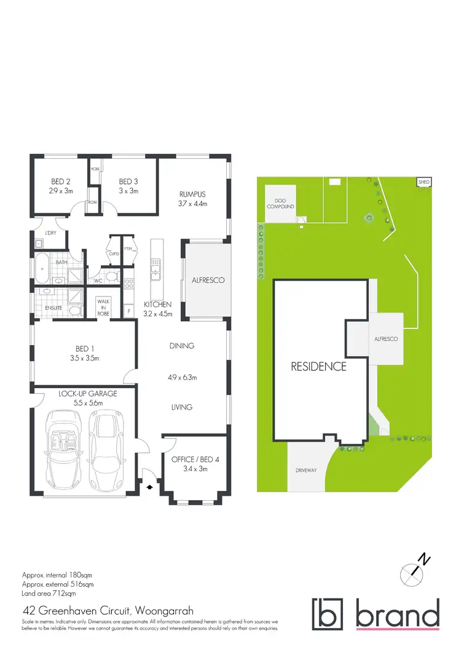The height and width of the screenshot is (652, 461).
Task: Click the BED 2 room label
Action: pyautogui.click(x=60, y=181)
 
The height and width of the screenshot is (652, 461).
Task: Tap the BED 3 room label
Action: pyautogui.click(x=128, y=181)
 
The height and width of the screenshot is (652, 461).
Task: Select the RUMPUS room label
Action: pyautogui.click(x=192, y=193)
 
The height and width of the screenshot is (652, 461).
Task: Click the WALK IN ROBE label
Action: pyautogui.click(x=103, y=307)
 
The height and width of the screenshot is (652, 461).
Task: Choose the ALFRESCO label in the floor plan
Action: pyautogui.click(x=208, y=280)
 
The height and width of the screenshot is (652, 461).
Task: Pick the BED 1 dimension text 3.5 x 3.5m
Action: pyautogui.click(x=85, y=358)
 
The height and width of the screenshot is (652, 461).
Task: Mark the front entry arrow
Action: pyautogui.click(x=149, y=487)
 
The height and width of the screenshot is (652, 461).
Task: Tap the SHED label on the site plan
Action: pyautogui.click(x=424, y=183)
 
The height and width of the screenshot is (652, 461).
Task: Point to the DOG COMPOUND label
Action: pyautogui.click(x=280, y=204)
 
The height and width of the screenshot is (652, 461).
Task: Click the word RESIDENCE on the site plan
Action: pyautogui.click(x=319, y=367)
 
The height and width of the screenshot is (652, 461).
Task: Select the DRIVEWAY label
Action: pyautogui.click(x=305, y=471)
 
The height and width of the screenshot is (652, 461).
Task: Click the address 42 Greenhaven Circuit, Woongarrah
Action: pyautogui.click(x=108, y=611)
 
